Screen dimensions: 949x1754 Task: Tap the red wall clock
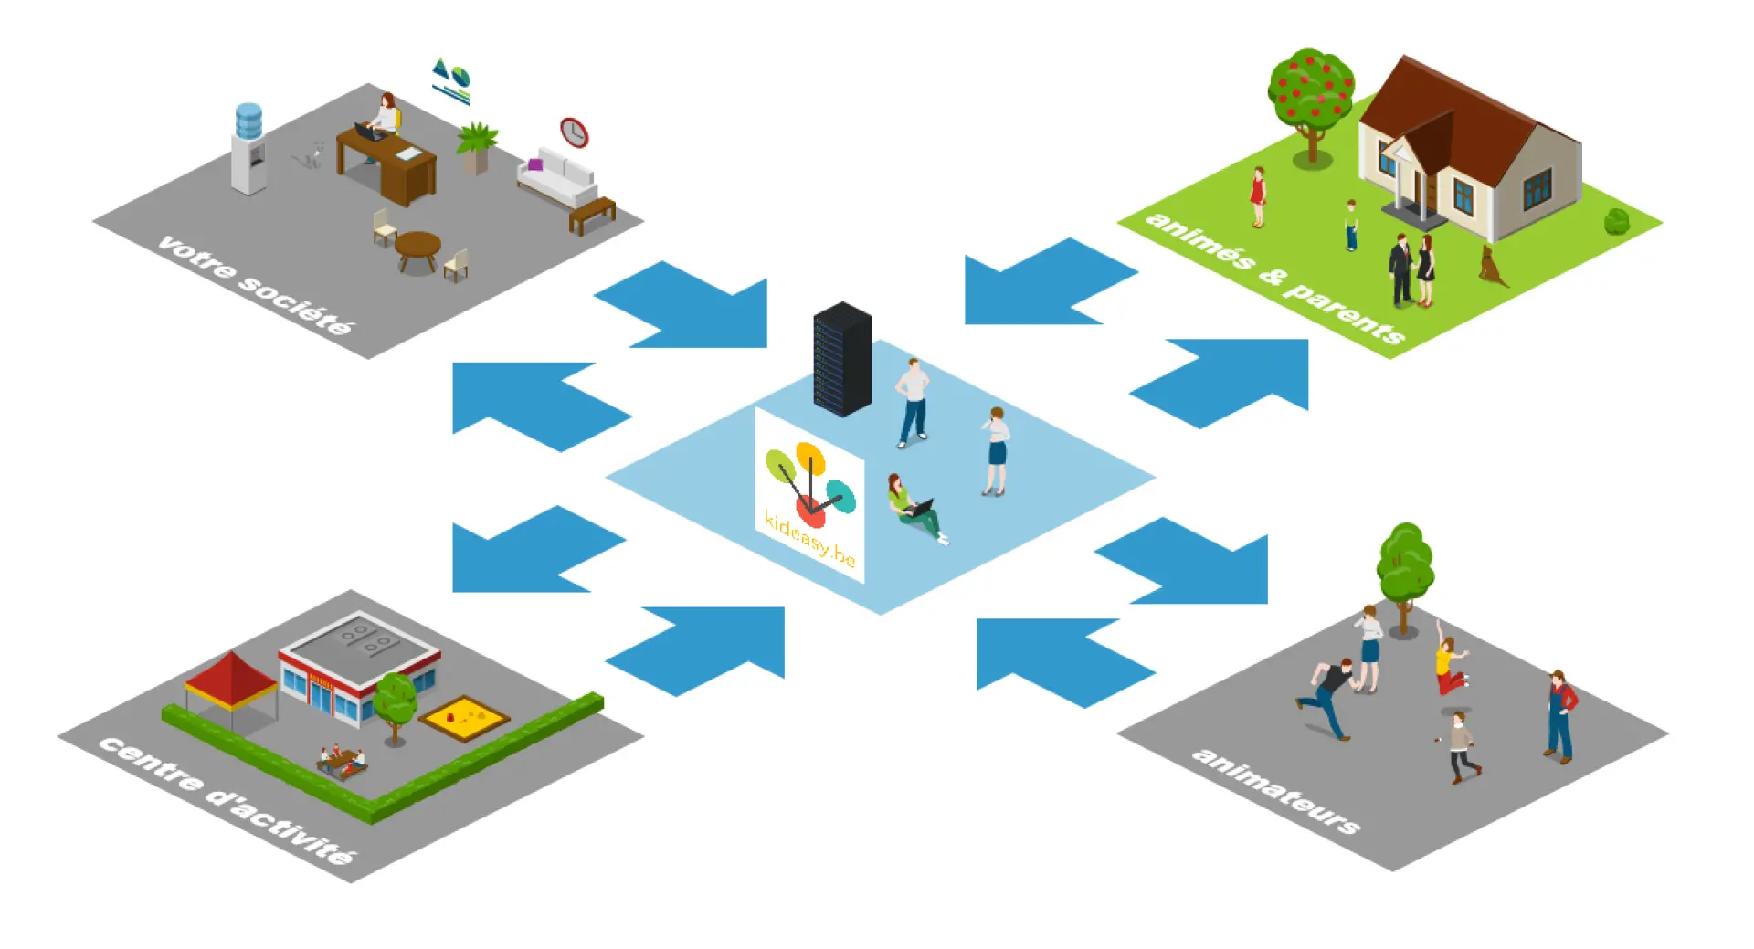click(x=574, y=132)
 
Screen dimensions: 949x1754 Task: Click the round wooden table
click(x=417, y=248)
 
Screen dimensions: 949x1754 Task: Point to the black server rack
click(x=841, y=359)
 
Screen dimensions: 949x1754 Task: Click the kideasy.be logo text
click(x=809, y=538)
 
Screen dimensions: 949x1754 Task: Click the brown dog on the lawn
click(x=1492, y=266)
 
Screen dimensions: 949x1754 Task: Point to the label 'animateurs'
click(x=1275, y=790)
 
